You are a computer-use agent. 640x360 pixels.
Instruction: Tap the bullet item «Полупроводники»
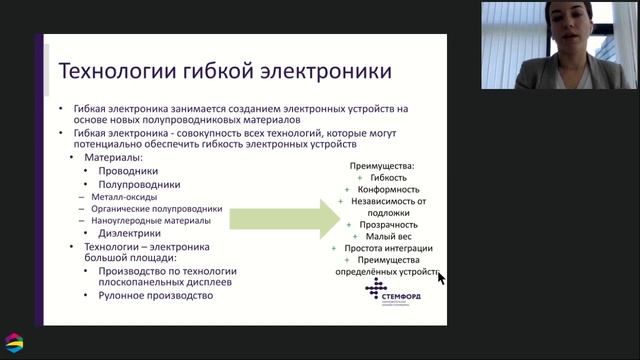point(139,184)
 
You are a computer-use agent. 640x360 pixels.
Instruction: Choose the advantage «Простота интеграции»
point(388,248)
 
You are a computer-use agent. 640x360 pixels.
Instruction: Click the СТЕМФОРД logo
point(385,294)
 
